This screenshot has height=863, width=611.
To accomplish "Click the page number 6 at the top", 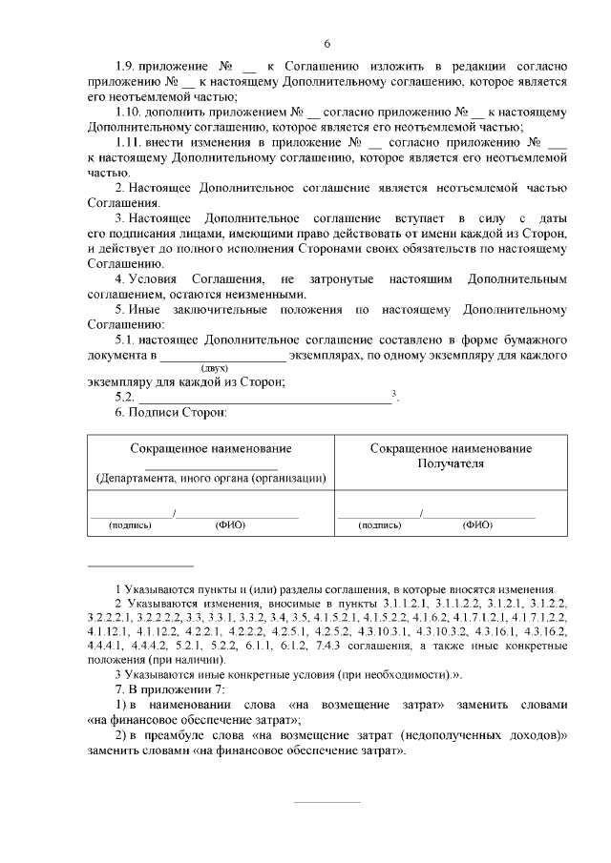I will point(327,44).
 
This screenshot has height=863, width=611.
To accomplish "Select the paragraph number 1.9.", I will point(126,66).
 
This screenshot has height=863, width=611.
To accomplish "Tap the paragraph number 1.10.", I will point(130,112).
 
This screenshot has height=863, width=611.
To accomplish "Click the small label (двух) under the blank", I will point(213,367).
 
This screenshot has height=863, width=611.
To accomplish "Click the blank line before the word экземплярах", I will point(222,356).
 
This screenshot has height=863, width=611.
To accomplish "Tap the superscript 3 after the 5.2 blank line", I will point(394,393).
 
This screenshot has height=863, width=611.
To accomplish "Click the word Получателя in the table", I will point(452,463).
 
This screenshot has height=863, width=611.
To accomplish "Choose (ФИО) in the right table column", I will point(477,525).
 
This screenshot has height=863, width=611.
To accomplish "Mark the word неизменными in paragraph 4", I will point(260,295).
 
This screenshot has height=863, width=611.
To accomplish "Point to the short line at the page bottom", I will point(327,802).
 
